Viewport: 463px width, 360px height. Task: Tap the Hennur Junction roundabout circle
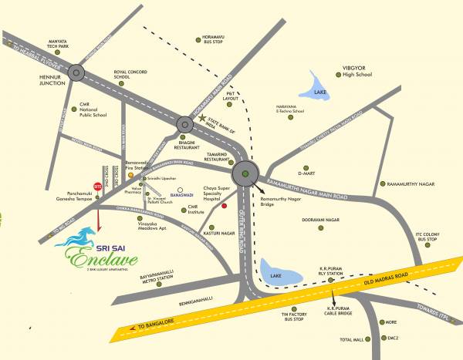[x=77, y=72]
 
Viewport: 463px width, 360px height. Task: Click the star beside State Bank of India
[x=204, y=119]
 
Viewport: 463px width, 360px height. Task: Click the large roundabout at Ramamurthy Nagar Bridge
[x=246, y=175]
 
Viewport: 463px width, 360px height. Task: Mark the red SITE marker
[x=97, y=186]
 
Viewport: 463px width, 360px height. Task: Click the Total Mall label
[x=350, y=339]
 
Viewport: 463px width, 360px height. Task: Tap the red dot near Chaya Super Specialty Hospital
[x=224, y=206]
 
